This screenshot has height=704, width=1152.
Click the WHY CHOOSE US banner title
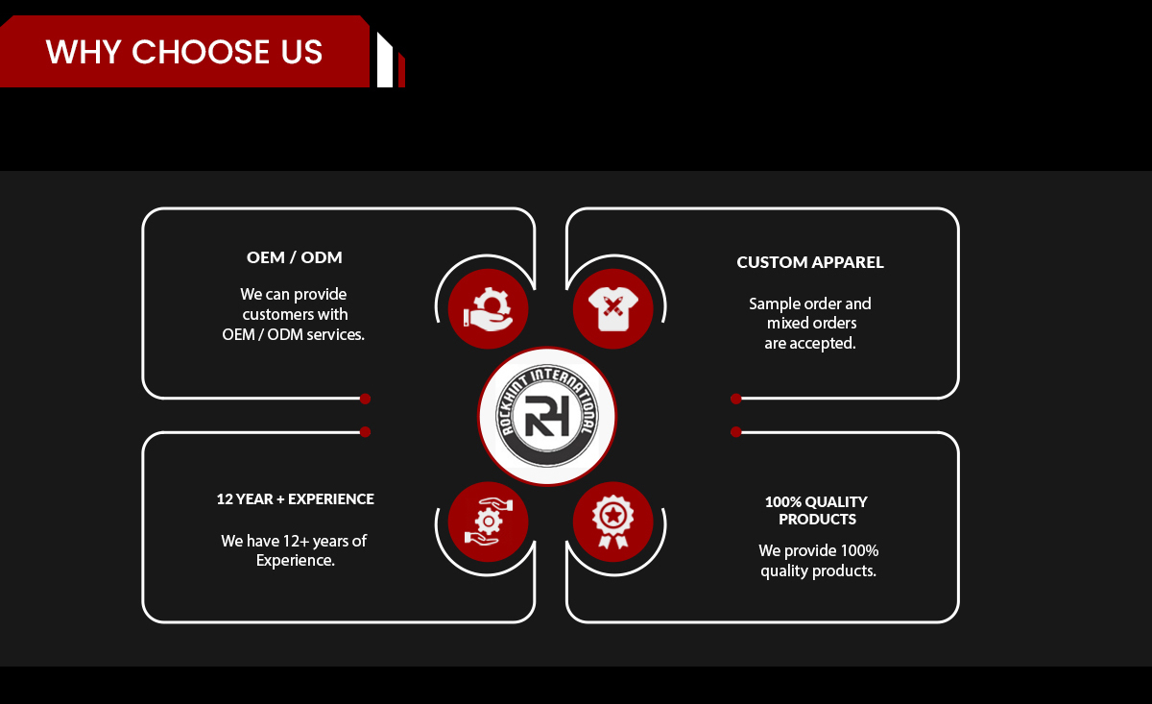pyautogui.click(x=184, y=52)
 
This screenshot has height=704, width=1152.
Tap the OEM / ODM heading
pyautogui.click(x=294, y=256)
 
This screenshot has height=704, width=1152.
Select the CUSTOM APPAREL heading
pyautogui.click(x=810, y=262)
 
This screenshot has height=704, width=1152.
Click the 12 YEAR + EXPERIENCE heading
pyautogui.click(x=296, y=498)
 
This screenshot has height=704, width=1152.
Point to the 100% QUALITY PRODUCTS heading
pyautogui.click(x=817, y=510)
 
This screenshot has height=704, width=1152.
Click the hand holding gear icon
pyautogui.click(x=488, y=308)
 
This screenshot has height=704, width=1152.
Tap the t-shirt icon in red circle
pyautogui.click(x=613, y=308)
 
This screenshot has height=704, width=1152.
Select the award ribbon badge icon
pyautogui.click(x=613, y=522)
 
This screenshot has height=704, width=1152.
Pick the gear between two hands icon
pyautogui.click(x=488, y=522)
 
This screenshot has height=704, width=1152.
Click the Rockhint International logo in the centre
pyautogui.click(x=547, y=416)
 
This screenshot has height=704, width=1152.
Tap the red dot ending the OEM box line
pyautogui.click(x=365, y=399)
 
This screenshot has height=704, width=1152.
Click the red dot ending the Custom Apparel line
pyautogui.click(x=736, y=399)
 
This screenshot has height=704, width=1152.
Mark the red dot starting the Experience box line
pyautogui.click(x=365, y=432)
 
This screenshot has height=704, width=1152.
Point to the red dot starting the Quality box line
pyautogui.click(x=736, y=432)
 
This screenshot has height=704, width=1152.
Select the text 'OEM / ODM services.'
pyautogui.click(x=293, y=334)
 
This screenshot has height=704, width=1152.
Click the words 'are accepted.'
pyautogui.click(x=810, y=343)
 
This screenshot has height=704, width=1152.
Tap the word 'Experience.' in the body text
pyautogui.click(x=296, y=560)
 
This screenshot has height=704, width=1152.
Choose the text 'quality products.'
pyautogui.click(x=818, y=570)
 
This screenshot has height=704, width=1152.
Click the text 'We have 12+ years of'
pyautogui.click(x=294, y=541)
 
